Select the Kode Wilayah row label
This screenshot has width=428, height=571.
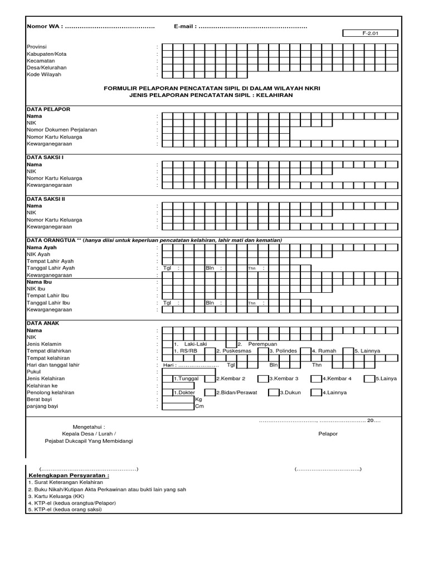pos(44,74)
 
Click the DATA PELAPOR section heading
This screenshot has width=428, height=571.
pos(48,109)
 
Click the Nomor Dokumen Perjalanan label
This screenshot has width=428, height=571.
pos(62,129)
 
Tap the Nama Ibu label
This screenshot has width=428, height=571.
pos(39,282)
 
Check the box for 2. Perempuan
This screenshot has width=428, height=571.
pos(231,344)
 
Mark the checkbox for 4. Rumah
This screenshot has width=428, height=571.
pos(305,351)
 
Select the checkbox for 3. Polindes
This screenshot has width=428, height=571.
pos(262,351)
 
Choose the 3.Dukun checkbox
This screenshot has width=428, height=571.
pos(273,392)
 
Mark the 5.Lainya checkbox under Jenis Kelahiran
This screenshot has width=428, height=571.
pos(369,378)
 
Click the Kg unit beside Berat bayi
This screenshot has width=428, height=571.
pos(198,399)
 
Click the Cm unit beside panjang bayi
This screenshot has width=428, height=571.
pos(198,407)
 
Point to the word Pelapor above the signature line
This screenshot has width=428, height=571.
pos(328,433)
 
